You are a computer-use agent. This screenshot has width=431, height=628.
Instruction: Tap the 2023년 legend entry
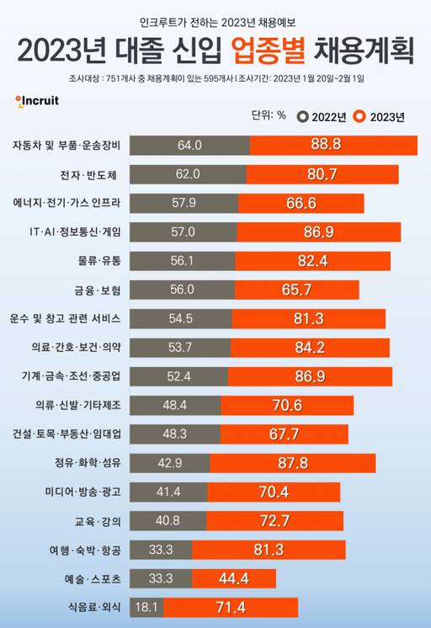(x=380, y=115)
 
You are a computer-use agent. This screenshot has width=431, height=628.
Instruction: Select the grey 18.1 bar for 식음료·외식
(x=147, y=606)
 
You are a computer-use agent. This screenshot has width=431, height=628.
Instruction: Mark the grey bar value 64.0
(x=190, y=145)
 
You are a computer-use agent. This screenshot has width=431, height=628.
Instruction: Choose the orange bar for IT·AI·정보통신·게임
(x=318, y=232)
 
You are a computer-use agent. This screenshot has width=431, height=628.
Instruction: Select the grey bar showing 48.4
(x=176, y=405)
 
